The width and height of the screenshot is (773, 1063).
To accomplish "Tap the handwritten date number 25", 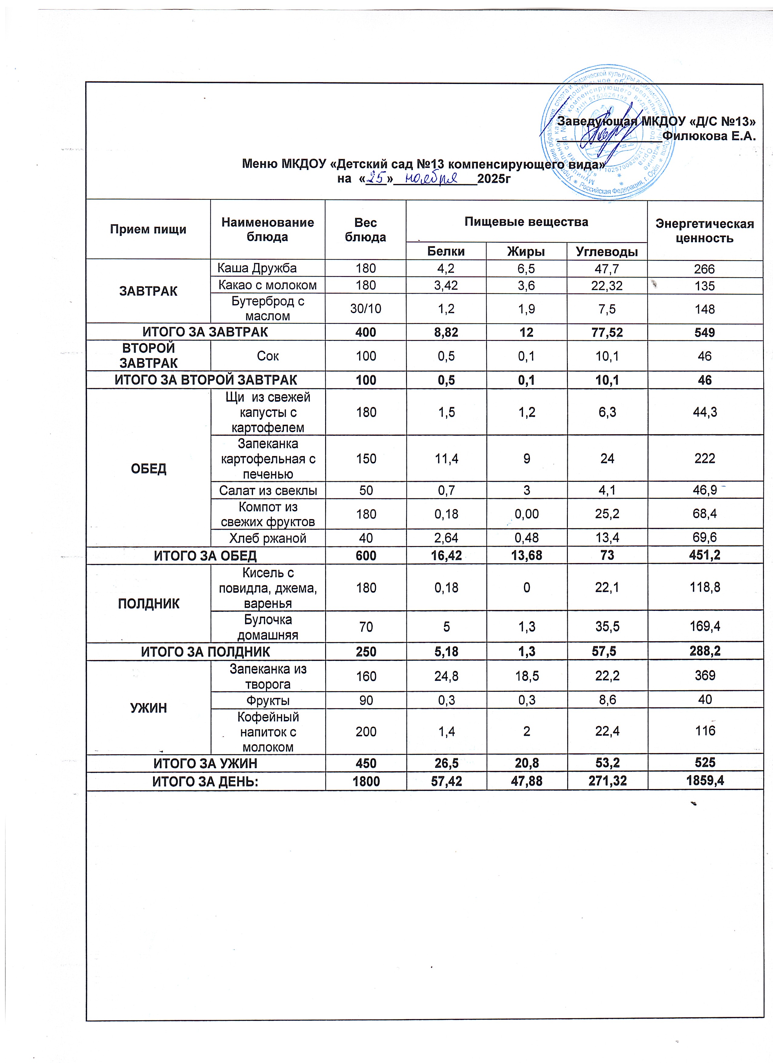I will (x=376, y=178).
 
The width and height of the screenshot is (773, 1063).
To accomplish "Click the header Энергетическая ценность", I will (x=705, y=231).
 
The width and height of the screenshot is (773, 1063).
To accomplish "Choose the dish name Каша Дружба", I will (x=257, y=268).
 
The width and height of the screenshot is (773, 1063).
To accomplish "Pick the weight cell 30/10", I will (x=366, y=309).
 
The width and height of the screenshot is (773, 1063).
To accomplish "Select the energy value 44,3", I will (x=705, y=412).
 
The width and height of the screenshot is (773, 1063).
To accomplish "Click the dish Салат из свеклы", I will (x=268, y=491).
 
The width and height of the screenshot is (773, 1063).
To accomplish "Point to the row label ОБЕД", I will (x=148, y=468).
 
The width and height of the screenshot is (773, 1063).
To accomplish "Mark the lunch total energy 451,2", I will (x=705, y=555).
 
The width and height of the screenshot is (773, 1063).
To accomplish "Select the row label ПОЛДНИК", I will (x=148, y=603).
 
